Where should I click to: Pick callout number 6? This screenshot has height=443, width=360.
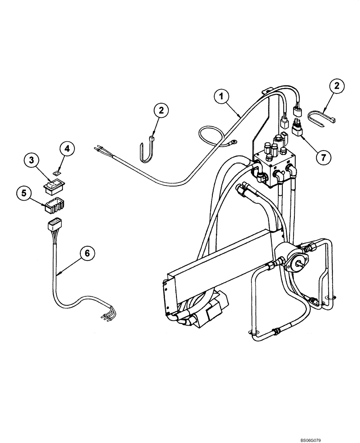pos(87,253)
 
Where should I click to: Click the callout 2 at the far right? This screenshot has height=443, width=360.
pos(337,87)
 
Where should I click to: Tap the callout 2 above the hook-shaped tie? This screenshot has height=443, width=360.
pos(161,111)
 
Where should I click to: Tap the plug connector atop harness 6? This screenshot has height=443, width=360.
pos(54,225)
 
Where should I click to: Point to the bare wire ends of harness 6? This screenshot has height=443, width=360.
pos(107,316)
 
